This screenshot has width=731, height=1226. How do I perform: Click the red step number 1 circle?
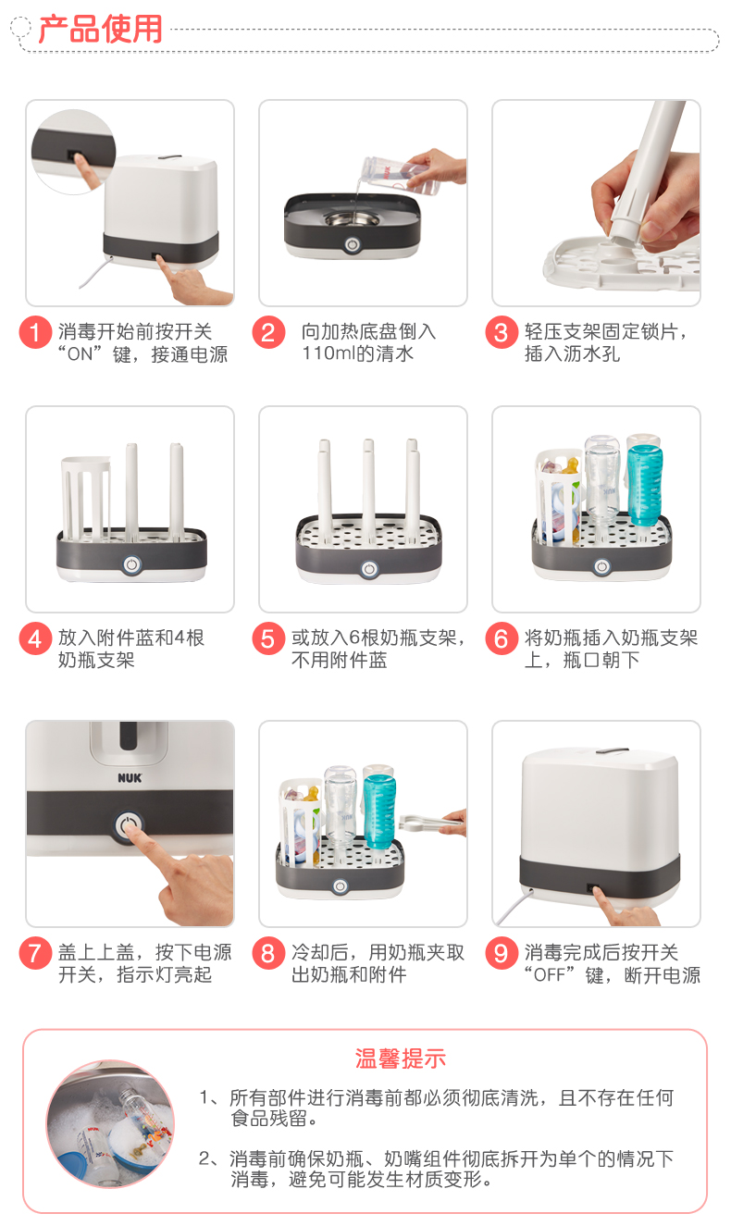point(35,331)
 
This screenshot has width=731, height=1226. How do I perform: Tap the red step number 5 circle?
point(268,638)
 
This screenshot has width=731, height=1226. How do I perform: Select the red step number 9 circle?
point(502,953)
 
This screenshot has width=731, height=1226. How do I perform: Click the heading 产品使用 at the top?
point(101,29)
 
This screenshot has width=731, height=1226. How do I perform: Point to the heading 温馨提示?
point(401,1058)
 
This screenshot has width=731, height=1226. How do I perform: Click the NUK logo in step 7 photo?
point(130,778)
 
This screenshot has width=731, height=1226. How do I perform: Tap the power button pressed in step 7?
point(129,825)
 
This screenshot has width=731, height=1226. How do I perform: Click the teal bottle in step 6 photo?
point(645,484)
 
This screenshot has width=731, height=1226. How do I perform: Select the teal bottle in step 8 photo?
point(379,810)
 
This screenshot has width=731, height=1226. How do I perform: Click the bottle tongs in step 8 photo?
point(429,822)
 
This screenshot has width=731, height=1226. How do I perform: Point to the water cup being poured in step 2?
point(401,174)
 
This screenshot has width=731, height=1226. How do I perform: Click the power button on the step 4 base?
point(131,564)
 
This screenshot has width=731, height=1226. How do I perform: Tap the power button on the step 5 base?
point(369,569)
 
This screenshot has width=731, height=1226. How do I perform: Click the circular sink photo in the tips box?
point(110,1124)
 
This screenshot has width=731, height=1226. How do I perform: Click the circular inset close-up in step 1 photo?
point(74,152)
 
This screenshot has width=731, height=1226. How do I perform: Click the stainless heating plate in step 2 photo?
point(353,219)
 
